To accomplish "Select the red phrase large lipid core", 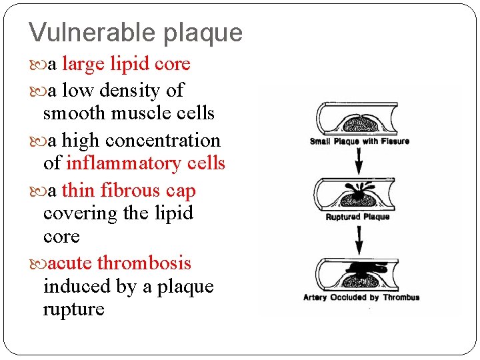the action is pyautogui.click(x=126, y=64).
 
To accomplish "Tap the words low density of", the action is pyautogui.click(x=123, y=90).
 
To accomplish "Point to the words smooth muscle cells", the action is pyautogui.click(x=129, y=113).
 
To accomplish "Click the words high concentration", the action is pyautogui.click(x=141, y=141).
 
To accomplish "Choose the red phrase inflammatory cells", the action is pyautogui.click(x=145, y=163).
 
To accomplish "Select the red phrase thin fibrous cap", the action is pyautogui.click(x=129, y=191).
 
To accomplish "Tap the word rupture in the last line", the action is pyautogui.click(x=73, y=310).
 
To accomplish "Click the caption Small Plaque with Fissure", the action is pyautogui.click(x=359, y=141).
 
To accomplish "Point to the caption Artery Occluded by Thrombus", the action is pyautogui.click(x=361, y=297).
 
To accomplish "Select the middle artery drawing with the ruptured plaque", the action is pyautogui.click(x=359, y=194).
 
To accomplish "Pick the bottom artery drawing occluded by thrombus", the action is pyautogui.click(x=359, y=272).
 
